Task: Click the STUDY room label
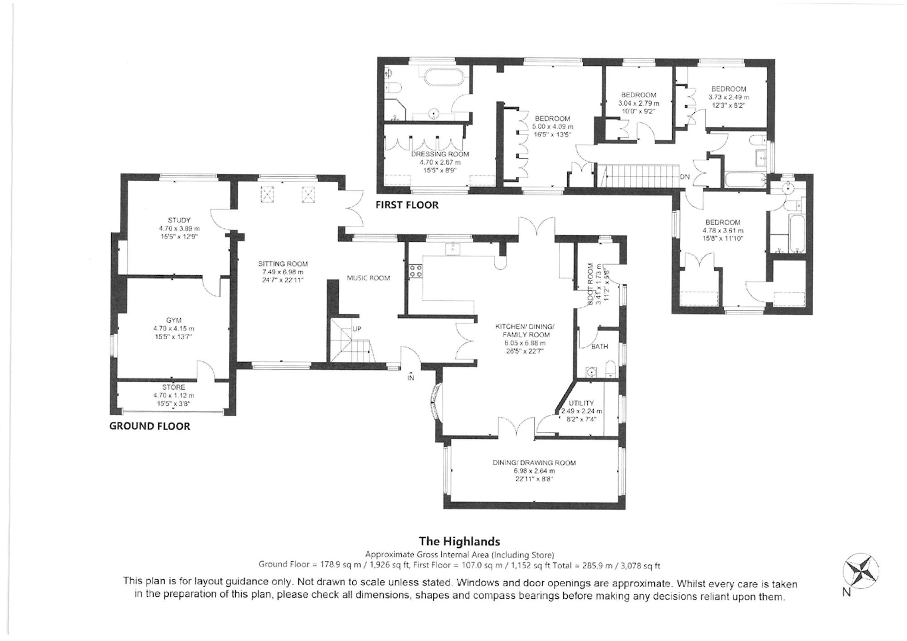[x=179, y=220]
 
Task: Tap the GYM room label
[x=174, y=320]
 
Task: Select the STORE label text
[x=174, y=387]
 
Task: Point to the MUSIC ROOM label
[x=368, y=278]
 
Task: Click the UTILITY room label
[x=581, y=403]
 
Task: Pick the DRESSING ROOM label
[x=440, y=154]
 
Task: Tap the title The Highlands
[x=459, y=541]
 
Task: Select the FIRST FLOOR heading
[x=407, y=205]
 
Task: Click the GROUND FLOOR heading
[x=150, y=426]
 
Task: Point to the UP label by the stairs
[x=357, y=329]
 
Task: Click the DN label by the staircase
[x=684, y=177]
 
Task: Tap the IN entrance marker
[x=411, y=377]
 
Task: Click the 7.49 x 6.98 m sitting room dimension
[x=283, y=272]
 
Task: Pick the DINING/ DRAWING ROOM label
[x=534, y=463]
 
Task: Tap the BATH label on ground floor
[x=600, y=346]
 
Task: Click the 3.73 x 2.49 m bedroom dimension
[x=729, y=97]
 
